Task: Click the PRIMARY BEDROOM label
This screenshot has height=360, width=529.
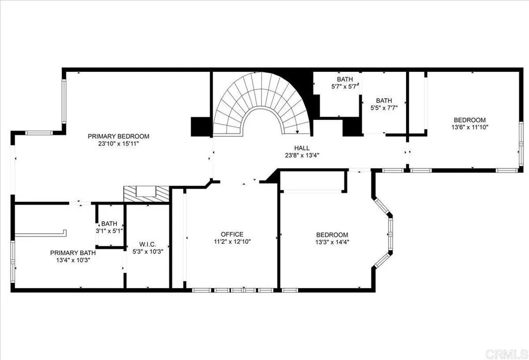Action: pos(118,136)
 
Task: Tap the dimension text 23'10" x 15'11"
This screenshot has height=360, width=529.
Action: pos(118,144)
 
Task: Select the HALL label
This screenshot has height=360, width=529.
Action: pos(302,148)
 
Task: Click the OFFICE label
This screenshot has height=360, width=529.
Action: pos(231,234)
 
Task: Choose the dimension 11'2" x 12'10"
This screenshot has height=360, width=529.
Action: pos(231,241)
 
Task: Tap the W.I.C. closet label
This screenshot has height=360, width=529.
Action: pos(147,244)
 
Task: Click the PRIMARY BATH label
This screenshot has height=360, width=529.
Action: pos(72,253)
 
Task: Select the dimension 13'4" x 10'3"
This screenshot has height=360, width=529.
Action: pos(72,260)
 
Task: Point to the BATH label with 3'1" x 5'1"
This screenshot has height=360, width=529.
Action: pos(109,224)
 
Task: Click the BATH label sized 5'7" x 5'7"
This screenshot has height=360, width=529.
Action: pos(345,79)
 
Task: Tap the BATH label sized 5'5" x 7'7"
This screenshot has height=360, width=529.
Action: pos(384,101)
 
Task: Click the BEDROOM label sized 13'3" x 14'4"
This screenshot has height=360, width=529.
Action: pos(332,234)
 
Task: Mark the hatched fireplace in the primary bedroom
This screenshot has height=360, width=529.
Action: pos(146,194)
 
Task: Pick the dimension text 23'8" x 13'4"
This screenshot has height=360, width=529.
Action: pos(302,155)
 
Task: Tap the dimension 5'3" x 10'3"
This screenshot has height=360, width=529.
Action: pos(147,252)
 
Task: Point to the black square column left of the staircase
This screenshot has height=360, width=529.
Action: pos(201,127)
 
